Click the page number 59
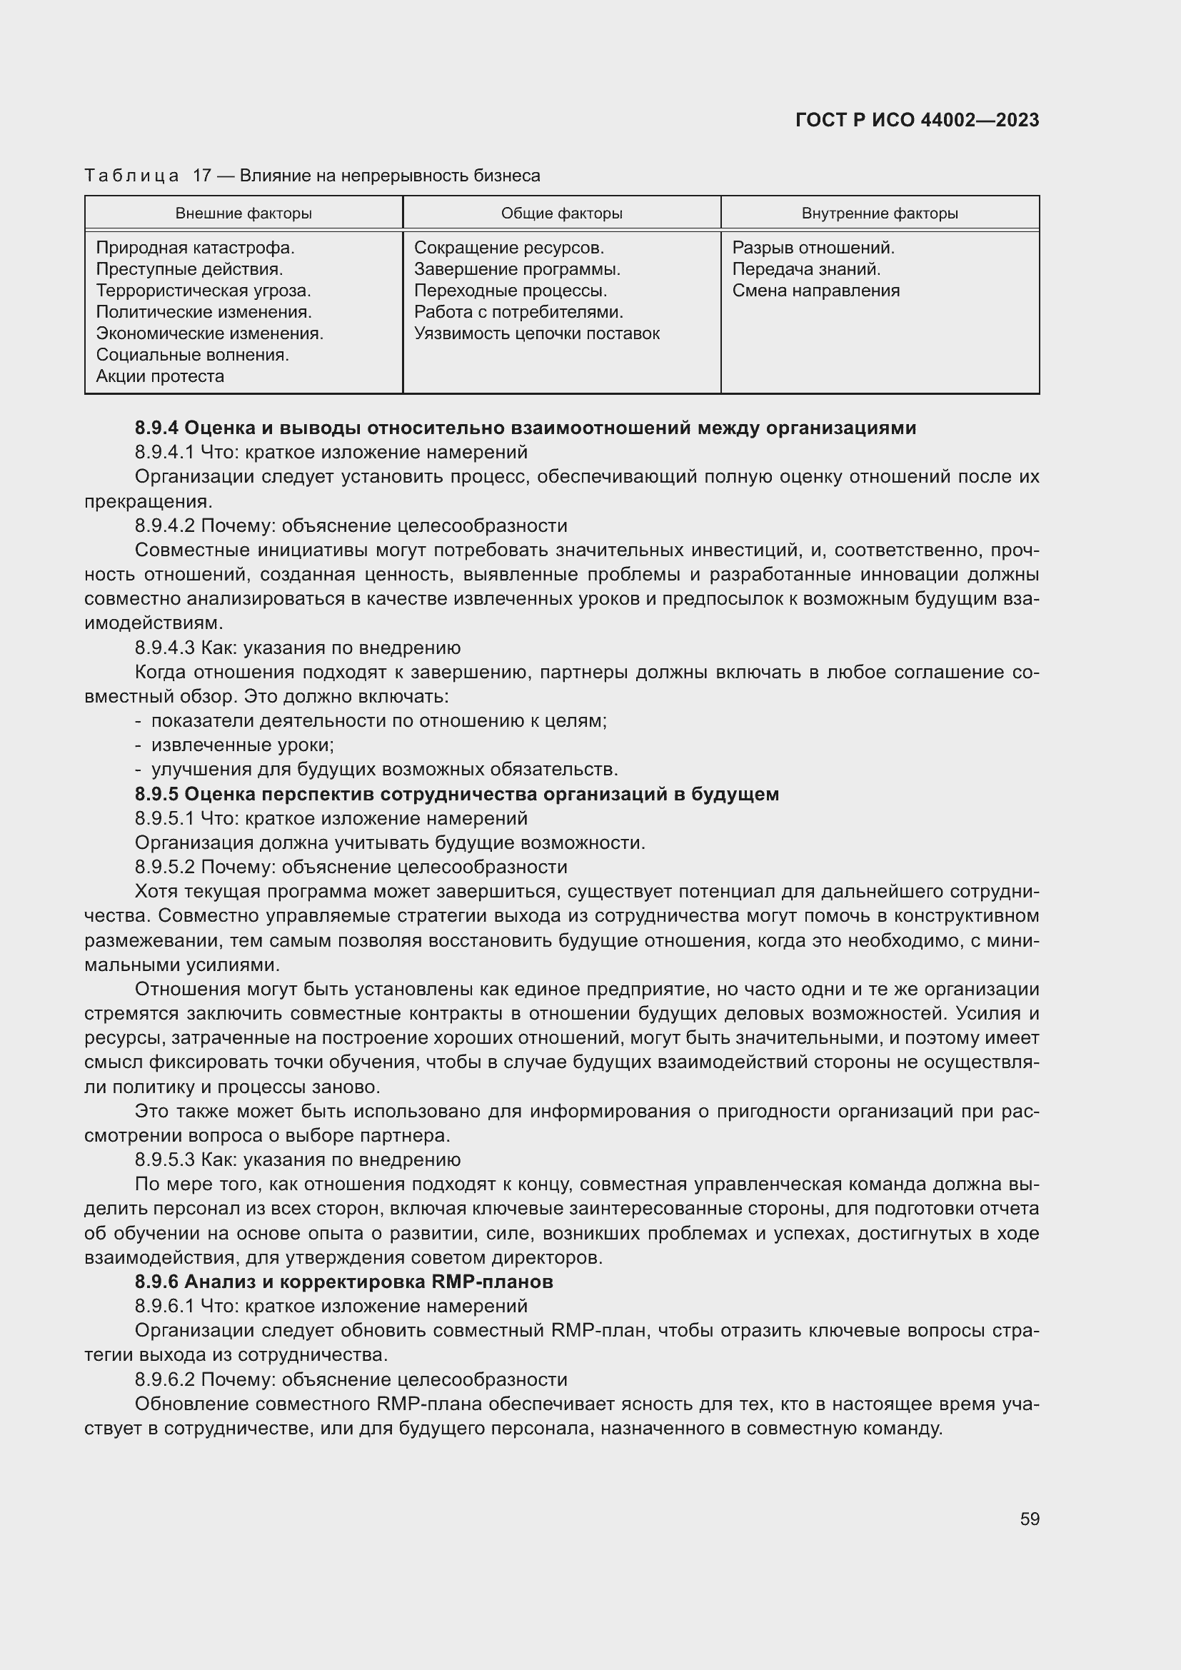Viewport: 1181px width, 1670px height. pyautogui.click(x=1029, y=1519)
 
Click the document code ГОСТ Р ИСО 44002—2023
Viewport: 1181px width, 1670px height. pyautogui.click(x=917, y=120)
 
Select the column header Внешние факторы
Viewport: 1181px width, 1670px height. pyautogui.click(x=243, y=213)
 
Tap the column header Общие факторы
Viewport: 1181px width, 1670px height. pyautogui.click(x=561, y=213)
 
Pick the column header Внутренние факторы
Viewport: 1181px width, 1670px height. pyautogui.click(x=879, y=213)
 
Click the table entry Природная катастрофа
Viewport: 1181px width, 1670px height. pyautogui.click(x=195, y=248)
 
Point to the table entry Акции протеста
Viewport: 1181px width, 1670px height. pyautogui.click(x=160, y=376)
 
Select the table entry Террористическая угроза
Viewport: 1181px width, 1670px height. pyautogui.click(x=203, y=291)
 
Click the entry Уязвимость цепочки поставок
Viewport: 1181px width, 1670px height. pyautogui.click(x=537, y=334)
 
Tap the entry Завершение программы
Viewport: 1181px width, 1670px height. pyautogui.click(x=517, y=269)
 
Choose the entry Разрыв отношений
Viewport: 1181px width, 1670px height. pyautogui.click(x=813, y=248)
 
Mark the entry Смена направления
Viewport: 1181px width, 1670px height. pyautogui.click(x=816, y=291)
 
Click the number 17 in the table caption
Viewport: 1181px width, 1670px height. pyautogui.click(x=201, y=176)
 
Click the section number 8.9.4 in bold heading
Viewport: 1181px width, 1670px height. pyautogui.click(x=156, y=428)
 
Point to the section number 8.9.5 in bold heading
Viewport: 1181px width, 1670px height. pyautogui.click(x=156, y=793)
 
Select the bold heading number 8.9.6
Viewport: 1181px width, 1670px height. pyautogui.click(x=156, y=1282)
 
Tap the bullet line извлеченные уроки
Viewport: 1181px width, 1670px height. pyautogui.click(x=242, y=745)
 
